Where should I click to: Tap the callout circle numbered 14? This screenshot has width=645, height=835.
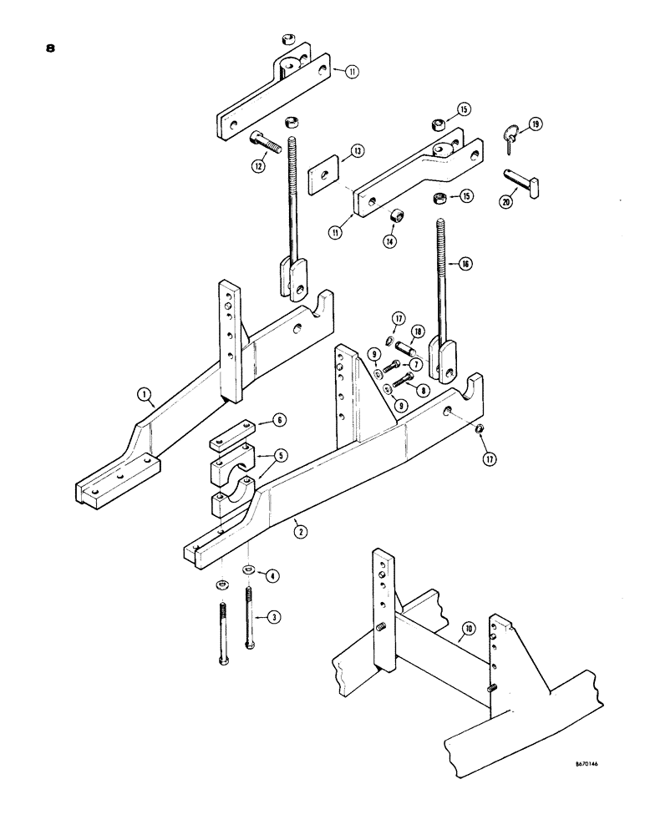(390, 241)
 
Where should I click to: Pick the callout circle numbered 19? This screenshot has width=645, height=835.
(536, 124)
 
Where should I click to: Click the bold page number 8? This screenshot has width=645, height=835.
(51, 48)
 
